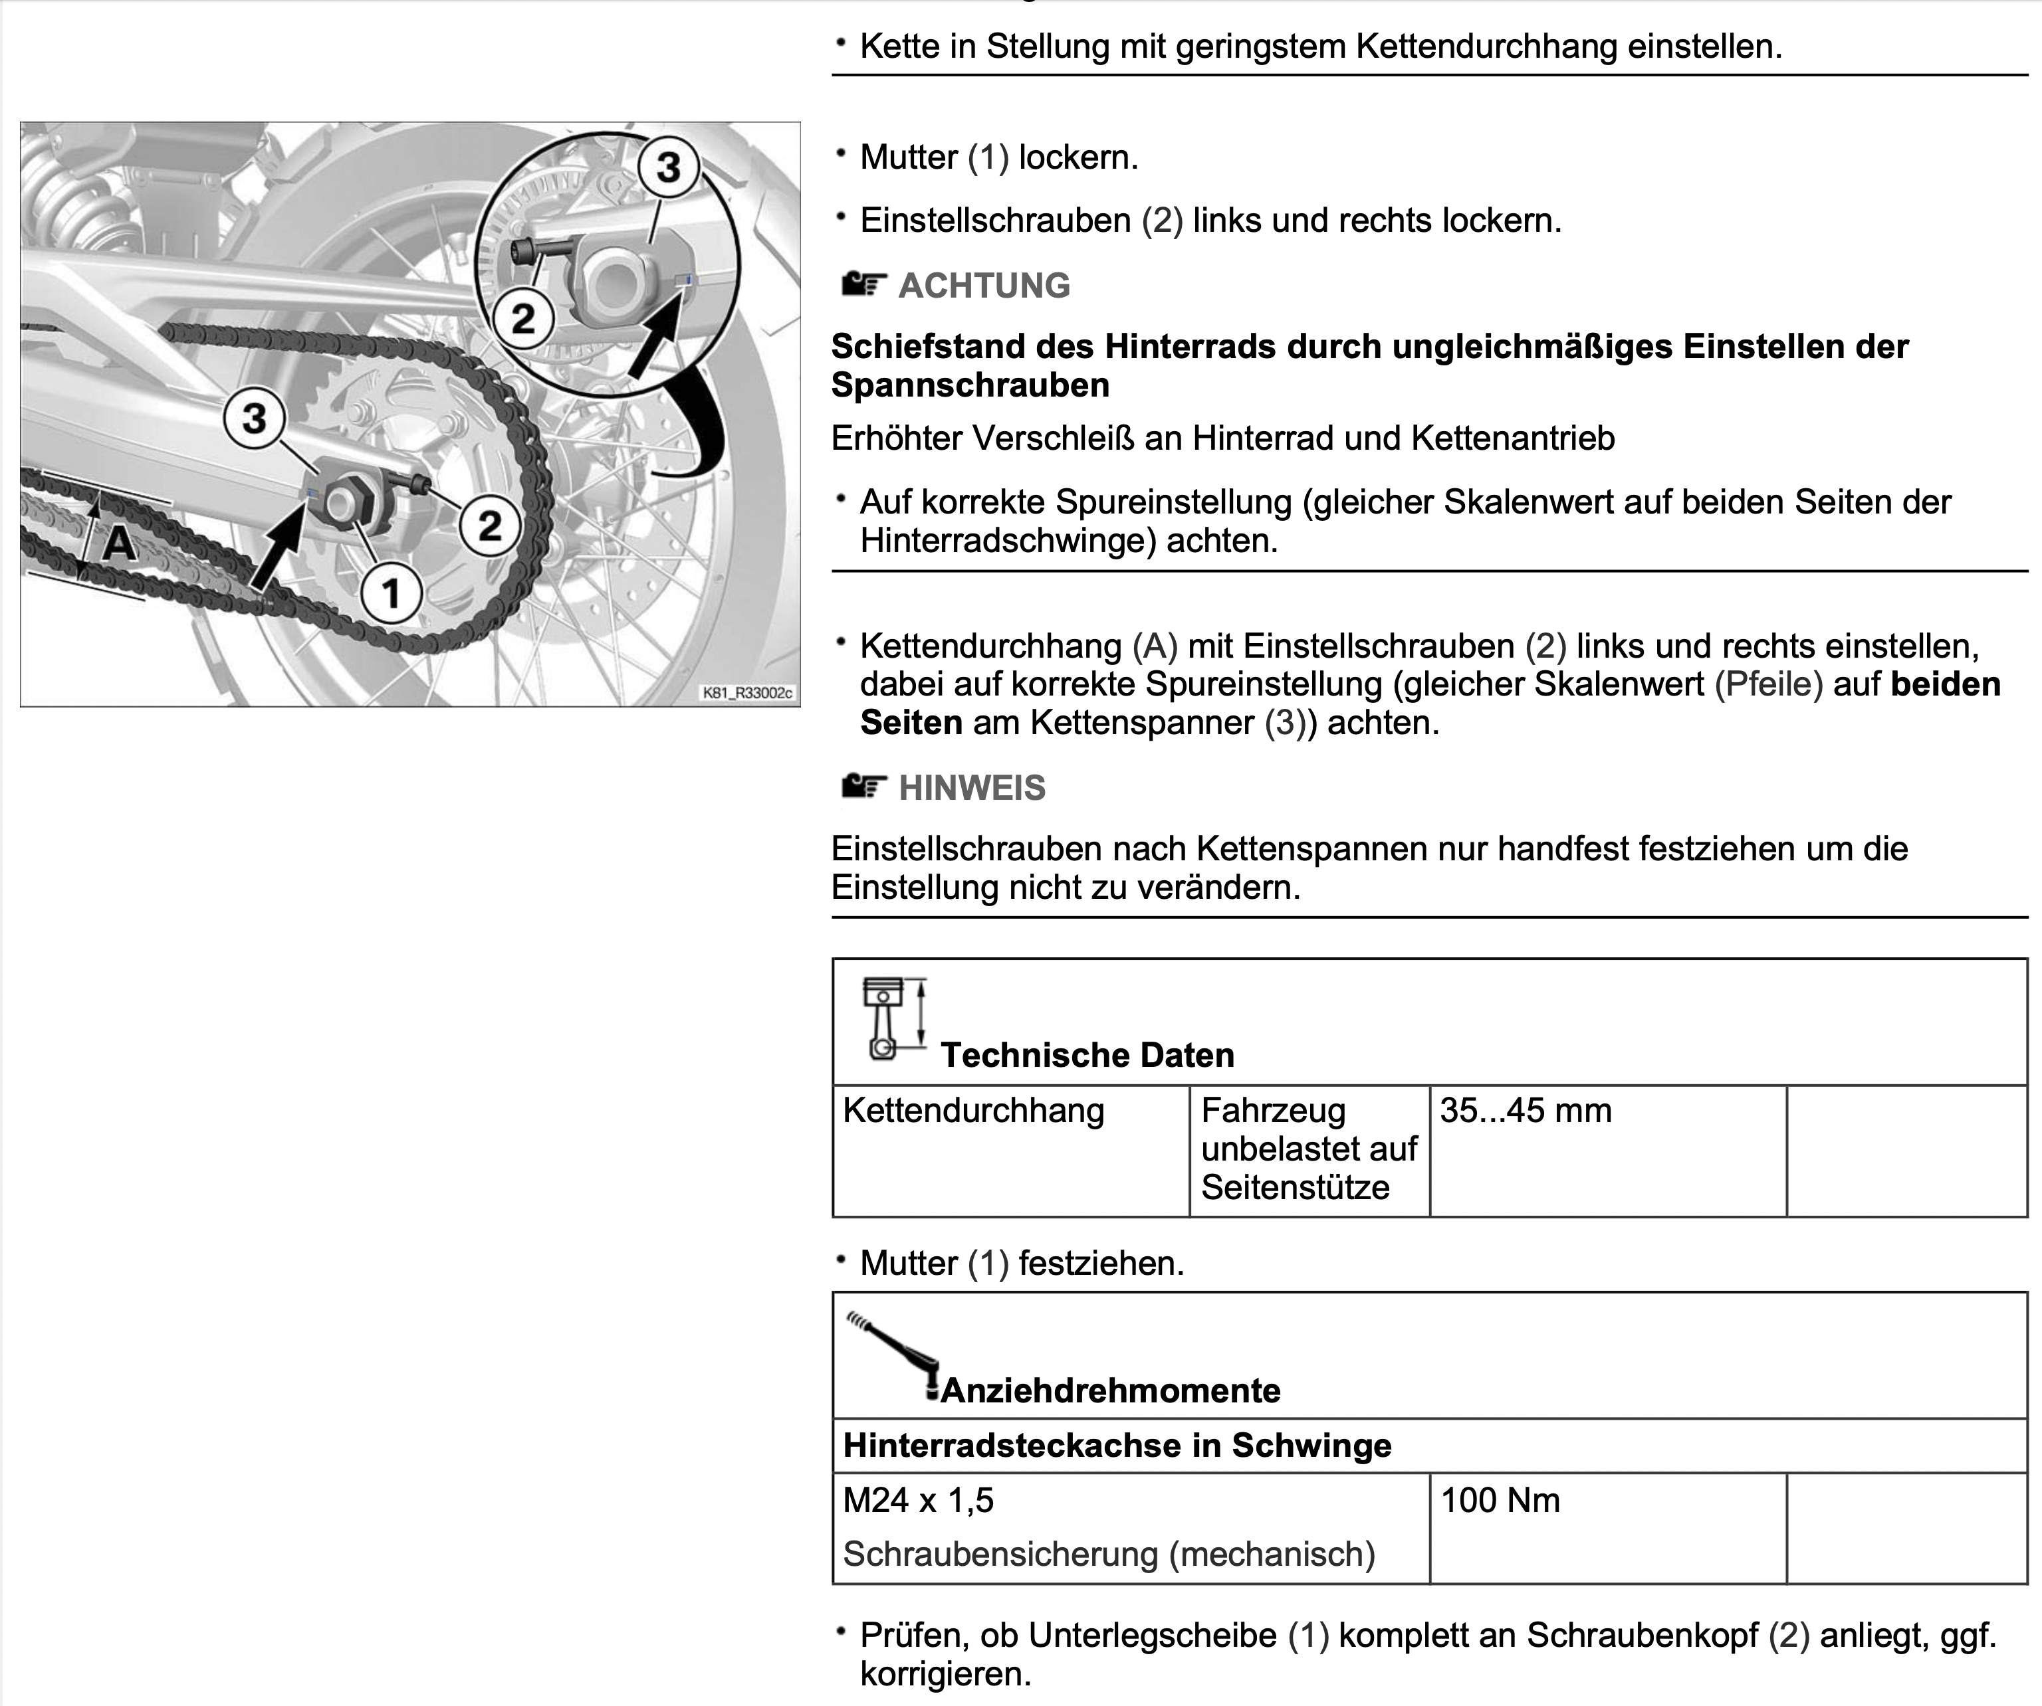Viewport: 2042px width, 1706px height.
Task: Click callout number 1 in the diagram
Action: coord(391,592)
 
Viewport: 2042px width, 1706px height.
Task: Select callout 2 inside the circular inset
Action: coord(523,318)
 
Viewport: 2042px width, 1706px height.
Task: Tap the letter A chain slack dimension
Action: coord(120,541)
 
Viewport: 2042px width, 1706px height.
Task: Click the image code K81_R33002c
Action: coord(746,693)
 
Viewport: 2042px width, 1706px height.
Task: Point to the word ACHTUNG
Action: coord(984,286)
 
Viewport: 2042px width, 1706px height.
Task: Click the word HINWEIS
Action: coord(971,787)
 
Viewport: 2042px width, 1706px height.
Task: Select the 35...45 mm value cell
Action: coord(1525,1110)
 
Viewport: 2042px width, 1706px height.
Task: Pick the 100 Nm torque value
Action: coord(1500,1500)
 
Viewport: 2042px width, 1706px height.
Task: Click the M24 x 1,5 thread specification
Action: coord(918,1500)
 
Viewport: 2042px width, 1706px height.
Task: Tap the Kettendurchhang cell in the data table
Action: coord(973,1110)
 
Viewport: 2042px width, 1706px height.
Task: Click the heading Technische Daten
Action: coord(1087,1055)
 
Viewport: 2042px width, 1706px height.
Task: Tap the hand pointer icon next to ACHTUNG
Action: coord(863,285)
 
